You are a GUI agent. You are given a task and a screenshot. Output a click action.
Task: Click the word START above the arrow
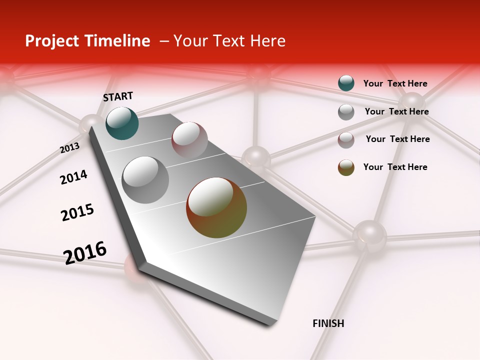(118, 96)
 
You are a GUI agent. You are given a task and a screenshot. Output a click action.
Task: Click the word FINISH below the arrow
(328, 323)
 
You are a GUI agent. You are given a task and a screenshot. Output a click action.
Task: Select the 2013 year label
(69, 148)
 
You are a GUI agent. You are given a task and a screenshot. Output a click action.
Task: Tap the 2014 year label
(73, 177)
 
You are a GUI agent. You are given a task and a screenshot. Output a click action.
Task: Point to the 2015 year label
(77, 212)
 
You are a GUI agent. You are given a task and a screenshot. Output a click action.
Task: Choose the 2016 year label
(85, 253)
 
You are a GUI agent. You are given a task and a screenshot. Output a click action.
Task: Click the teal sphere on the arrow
(122, 123)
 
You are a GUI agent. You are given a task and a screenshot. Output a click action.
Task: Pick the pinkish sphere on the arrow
(189, 140)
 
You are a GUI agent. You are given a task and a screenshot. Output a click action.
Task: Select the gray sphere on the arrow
(145, 180)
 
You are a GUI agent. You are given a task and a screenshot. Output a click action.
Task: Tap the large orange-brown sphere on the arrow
(216, 207)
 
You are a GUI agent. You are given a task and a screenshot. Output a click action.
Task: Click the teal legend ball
(346, 83)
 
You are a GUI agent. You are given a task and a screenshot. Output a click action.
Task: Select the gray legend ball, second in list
(346, 112)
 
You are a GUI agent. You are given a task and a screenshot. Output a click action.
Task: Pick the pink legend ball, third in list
(346, 140)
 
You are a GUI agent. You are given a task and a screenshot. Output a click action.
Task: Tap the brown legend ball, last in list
(346, 167)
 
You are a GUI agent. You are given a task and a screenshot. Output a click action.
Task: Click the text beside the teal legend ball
(395, 83)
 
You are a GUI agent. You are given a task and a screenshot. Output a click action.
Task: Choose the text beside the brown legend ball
(395, 167)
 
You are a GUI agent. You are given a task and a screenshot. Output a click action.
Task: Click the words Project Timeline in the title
(87, 41)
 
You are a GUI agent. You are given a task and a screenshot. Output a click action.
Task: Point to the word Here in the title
(267, 41)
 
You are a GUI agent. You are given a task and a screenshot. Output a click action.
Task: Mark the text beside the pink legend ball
(398, 139)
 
